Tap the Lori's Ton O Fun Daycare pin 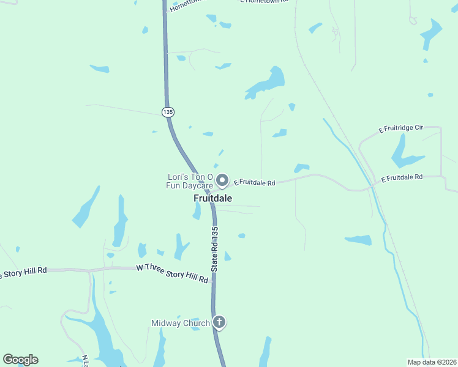[x=222, y=180]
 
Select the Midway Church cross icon [x=219, y=322]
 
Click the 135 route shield [x=168, y=112]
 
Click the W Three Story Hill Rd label [x=172, y=273]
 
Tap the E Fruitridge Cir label [x=401, y=128]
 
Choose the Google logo [x=20, y=360]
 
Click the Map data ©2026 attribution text [x=432, y=362]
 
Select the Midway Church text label [x=181, y=323]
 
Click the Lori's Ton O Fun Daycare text [x=190, y=181]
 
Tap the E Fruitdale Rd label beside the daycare [x=255, y=182]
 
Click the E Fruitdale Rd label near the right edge [x=402, y=178]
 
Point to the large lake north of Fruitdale [x=268, y=82]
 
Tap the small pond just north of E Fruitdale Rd [x=301, y=168]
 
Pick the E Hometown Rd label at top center [x=265, y=2]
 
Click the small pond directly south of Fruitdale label [x=197, y=211]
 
